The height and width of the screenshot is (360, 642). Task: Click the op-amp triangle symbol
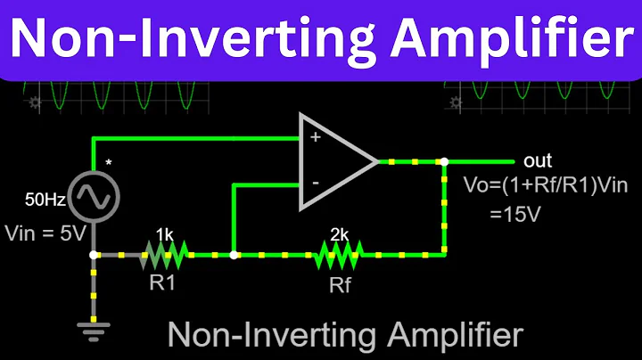(x=334, y=161)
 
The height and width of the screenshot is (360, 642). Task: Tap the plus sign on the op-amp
(x=314, y=138)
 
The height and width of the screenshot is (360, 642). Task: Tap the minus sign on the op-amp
(x=314, y=184)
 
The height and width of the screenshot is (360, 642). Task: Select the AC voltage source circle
(x=94, y=196)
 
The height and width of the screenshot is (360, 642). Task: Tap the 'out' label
(x=539, y=161)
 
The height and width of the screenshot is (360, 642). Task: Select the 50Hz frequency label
(x=45, y=200)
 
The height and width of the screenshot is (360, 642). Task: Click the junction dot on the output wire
(x=442, y=162)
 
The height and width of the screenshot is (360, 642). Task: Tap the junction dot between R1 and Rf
(x=233, y=255)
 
